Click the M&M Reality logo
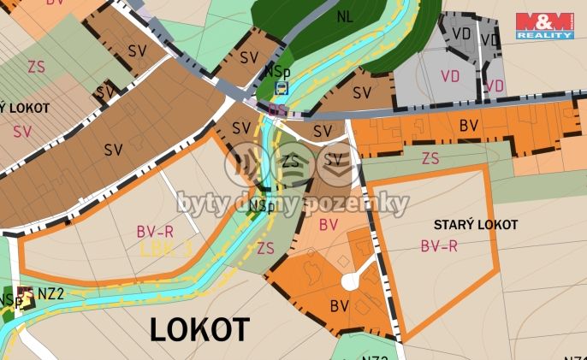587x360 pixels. [544, 26]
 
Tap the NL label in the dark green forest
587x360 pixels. [344, 16]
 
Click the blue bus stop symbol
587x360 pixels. [282, 87]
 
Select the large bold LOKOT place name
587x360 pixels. [199, 329]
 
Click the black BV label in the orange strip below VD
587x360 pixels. [468, 126]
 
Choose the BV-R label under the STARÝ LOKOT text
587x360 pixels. [439, 245]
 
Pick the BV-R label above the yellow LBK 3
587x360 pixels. [155, 231]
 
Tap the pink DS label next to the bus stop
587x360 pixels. [276, 109]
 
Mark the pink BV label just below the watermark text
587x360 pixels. [329, 225]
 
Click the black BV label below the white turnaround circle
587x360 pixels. [340, 305]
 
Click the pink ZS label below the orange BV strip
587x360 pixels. [430, 158]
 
